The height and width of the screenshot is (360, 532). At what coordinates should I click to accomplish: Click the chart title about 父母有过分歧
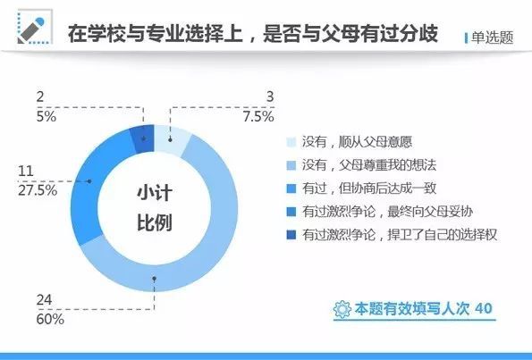(x=253, y=33)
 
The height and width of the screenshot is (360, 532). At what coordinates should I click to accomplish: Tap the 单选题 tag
(x=492, y=38)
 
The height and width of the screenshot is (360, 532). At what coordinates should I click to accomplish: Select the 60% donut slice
(x=190, y=244)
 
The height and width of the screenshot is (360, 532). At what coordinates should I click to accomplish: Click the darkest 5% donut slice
(x=143, y=138)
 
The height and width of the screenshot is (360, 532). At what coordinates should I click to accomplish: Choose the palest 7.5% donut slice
(x=171, y=139)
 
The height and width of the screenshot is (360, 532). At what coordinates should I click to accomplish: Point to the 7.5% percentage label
(x=258, y=117)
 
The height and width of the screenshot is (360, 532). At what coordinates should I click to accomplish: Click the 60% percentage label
(x=50, y=319)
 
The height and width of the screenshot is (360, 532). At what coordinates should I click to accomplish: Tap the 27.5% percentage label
(x=38, y=190)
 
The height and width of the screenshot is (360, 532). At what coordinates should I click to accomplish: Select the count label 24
(x=45, y=299)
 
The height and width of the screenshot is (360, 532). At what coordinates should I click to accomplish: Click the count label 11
(x=26, y=171)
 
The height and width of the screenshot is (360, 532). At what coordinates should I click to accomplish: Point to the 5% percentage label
(x=46, y=117)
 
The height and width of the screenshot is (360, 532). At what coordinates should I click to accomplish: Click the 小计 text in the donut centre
(x=155, y=193)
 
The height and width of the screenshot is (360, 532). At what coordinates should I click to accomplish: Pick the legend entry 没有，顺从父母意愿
(x=350, y=142)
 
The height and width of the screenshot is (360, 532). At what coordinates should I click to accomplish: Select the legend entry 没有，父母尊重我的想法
(x=361, y=165)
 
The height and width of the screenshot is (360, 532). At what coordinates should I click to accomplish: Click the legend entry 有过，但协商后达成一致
(x=361, y=188)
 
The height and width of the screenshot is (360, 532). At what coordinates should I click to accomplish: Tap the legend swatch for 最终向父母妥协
(x=291, y=212)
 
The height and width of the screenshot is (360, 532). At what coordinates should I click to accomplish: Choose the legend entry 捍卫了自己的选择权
(x=392, y=235)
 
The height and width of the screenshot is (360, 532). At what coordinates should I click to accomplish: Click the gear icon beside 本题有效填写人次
(x=342, y=309)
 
